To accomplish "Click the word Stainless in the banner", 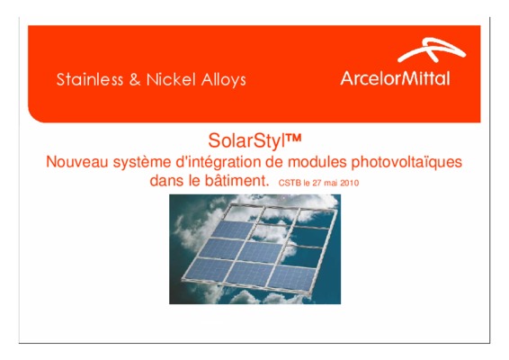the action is pos(90,79).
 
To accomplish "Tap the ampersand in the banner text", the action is pos(135,79).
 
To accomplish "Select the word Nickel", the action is pos(171,79).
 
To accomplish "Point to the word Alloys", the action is pos(224,80).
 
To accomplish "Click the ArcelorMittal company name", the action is pos(395,78).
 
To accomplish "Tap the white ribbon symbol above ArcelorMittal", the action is pos(432,49).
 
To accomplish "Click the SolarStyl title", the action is pos(254,141).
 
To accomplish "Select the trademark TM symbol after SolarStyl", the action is pos(294,138).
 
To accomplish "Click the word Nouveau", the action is pos(76,162).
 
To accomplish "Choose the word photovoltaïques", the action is pos(406,163).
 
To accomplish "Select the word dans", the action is pos(165,181).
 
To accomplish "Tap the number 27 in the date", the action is pos(317,184).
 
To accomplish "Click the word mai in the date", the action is pos(331,184).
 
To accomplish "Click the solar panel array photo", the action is pos(254,249).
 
